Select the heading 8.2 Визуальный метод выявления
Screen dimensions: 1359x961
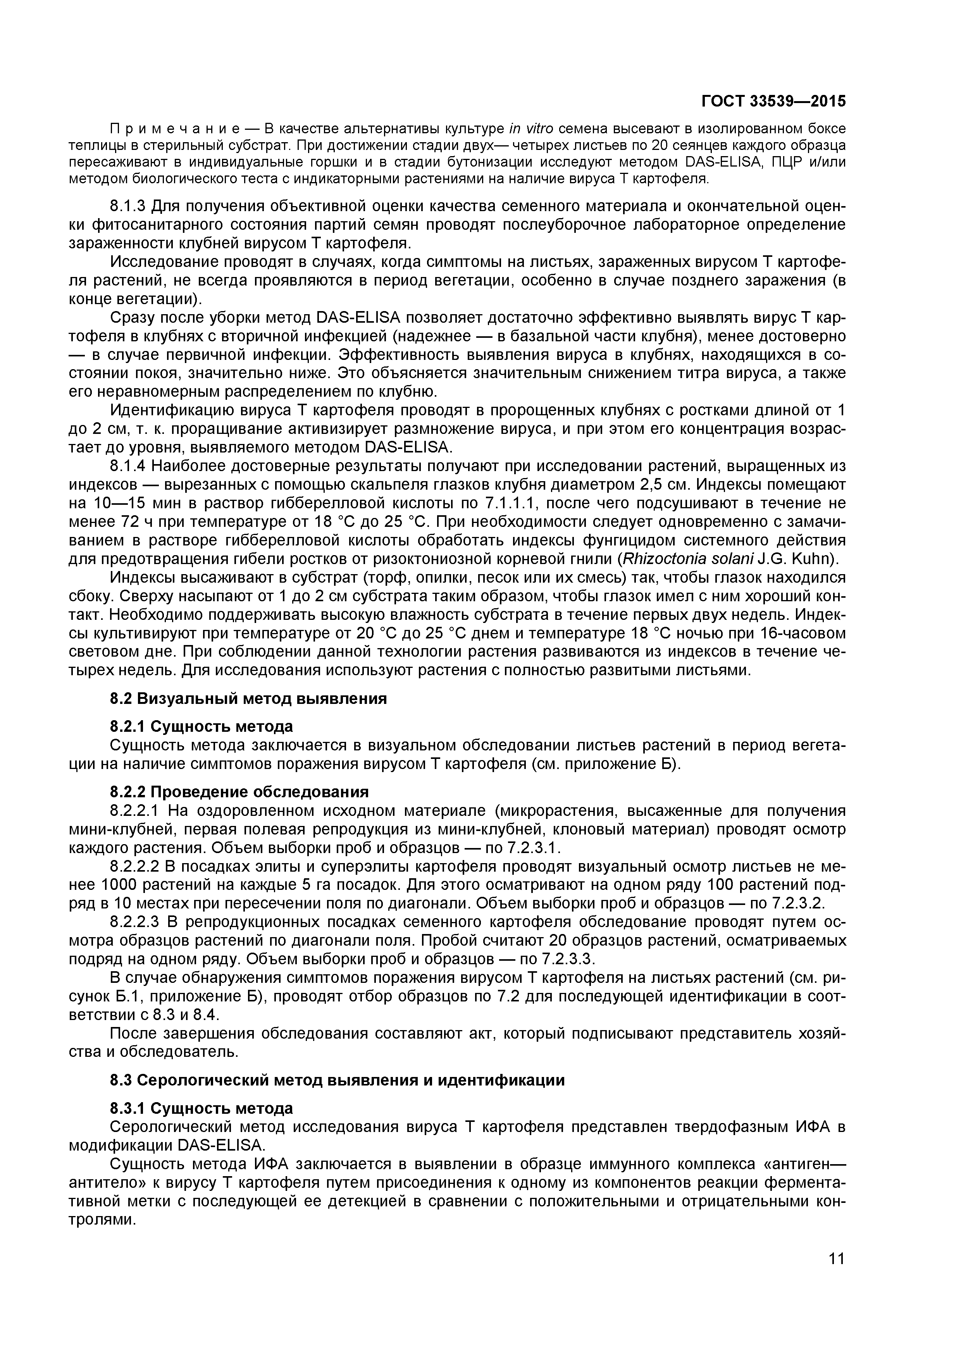click(x=249, y=698)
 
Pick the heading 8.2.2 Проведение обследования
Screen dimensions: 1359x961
click(x=239, y=791)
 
